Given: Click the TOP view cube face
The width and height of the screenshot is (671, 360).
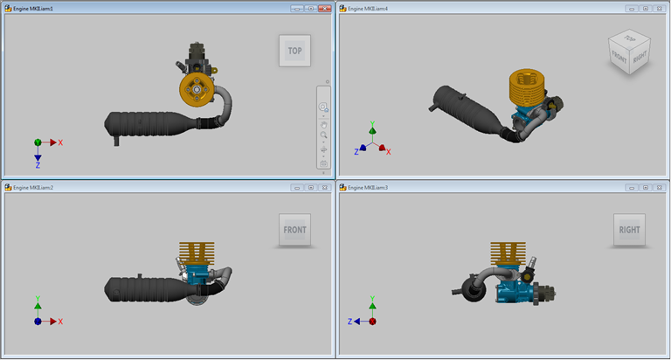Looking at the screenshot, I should [294, 51].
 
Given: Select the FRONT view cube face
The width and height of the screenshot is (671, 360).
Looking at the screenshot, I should [294, 231].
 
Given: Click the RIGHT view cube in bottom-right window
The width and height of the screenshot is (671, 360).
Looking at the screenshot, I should [629, 230].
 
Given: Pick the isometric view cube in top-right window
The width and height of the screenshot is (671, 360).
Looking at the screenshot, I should [629, 52].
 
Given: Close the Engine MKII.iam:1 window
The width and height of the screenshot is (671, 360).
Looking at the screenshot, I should [325, 8].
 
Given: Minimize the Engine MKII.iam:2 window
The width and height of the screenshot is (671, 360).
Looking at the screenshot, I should [297, 188].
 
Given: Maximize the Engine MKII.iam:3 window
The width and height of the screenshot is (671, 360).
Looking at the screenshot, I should [645, 188].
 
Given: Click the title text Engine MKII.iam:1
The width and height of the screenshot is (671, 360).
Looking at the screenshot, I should [33, 8].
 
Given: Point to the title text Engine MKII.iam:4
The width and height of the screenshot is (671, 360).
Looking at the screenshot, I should [368, 8].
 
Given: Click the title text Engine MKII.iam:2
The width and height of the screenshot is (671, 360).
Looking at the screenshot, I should [33, 188].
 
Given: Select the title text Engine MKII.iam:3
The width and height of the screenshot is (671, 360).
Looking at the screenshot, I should [368, 188].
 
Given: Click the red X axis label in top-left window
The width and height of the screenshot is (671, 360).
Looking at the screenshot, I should [60, 142].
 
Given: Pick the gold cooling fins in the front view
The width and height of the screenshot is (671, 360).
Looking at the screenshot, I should [196, 253].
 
